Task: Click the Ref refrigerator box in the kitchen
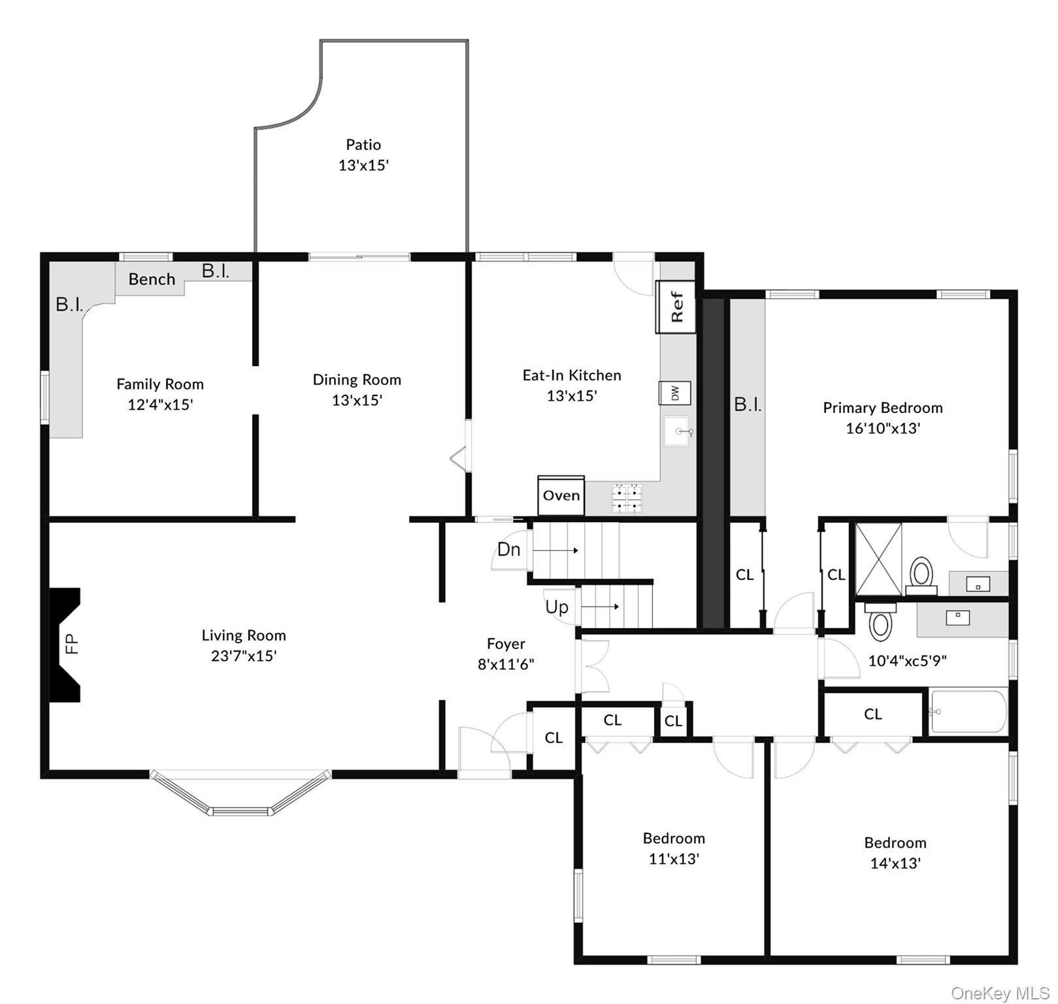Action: click(x=676, y=307)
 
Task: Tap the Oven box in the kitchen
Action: click(x=561, y=495)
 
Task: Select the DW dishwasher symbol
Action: click(x=674, y=393)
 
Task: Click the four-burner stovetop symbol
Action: click(x=626, y=498)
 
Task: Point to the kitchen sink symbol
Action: click(x=677, y=431)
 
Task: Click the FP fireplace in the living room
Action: click(x=66, y=644)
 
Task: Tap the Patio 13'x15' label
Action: click(x=363, y=155)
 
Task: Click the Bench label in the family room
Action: click(x=152, y=280)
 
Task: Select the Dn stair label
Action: click(x=508, y=549)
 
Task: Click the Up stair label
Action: click(x=557, y=607)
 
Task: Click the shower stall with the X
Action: click(x=878, y=559)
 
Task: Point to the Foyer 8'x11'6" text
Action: click(x=506, y=654)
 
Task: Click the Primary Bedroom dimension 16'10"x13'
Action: click(x=883, y=429)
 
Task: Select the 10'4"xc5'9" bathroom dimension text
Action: click(x=907, y=661)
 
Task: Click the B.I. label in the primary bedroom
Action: click(x=748, y=405)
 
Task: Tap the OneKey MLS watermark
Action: click(x=1000, y=994)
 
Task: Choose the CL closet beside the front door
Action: click(x=554, y=738)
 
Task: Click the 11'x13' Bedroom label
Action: click(x=674, y=859)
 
